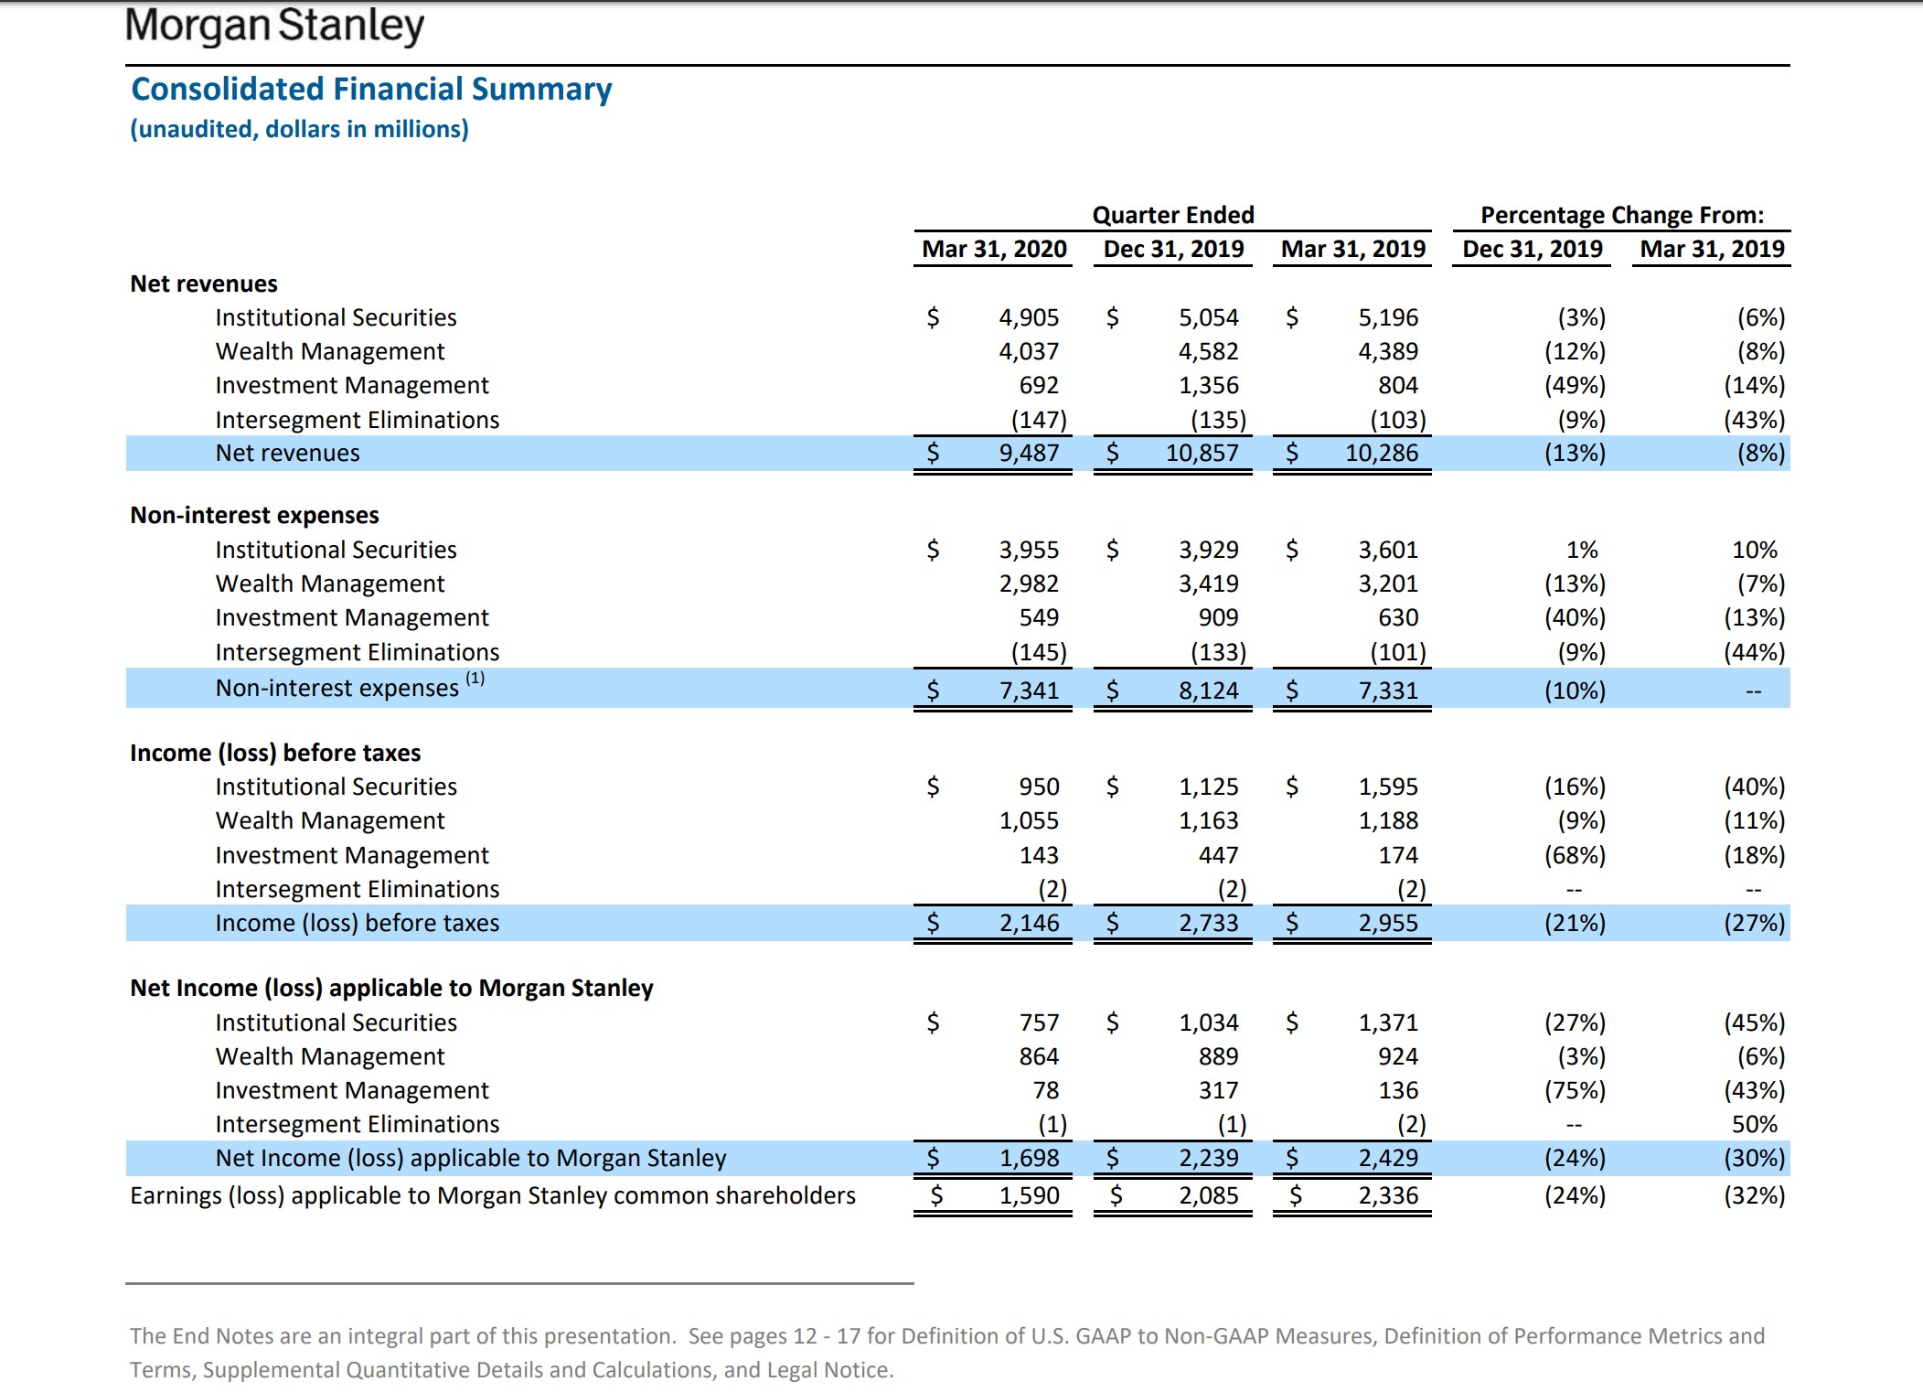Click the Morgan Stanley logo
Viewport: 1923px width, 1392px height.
coord(274,26)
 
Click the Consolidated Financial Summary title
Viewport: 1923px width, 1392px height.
coord(371,90)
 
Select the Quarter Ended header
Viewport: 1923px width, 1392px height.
coord(1173,215)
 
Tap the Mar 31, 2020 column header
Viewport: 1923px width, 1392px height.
coord(994,249)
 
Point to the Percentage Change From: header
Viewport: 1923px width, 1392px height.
coord(1622,215)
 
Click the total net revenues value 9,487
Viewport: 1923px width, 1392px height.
coord(1029,454)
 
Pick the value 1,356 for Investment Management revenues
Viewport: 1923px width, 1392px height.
coord(1208,386)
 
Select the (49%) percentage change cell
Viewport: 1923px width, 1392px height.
coord(1575,386)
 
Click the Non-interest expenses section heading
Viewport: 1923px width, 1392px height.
coord(254,516)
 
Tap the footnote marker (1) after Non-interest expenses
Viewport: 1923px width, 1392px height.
coord(475,679)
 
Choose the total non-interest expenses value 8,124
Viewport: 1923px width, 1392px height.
coord(1208,691)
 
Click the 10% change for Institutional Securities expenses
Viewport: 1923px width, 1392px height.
coord(1754,550)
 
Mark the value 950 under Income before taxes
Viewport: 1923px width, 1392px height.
coord(1039,787)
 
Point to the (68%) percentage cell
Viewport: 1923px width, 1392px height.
coord(1575,855)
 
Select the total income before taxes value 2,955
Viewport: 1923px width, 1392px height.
coord(1387,923)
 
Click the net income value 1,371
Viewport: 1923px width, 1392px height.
coord(1387,1023)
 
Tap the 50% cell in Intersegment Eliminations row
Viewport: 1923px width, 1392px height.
coord(1754,1124)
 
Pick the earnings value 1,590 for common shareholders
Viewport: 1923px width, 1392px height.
coord(1029,1195)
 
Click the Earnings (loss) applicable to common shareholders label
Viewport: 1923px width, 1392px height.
coord(493,1195)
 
